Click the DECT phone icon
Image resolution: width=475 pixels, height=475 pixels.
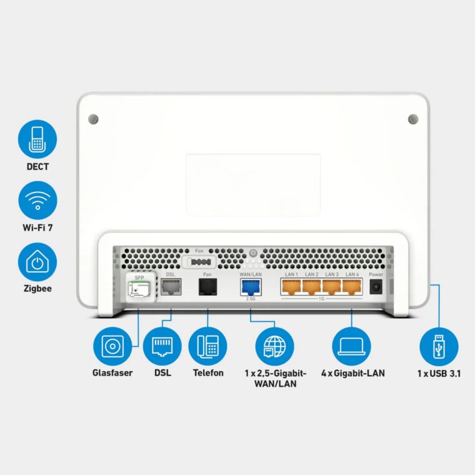[x=37, y=139]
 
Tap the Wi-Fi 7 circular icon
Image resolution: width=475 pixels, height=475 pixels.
[x=37, y=201]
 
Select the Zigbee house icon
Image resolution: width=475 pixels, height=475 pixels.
[x=37, y=262]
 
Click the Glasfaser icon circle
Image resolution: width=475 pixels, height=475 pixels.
[x=112, y=347]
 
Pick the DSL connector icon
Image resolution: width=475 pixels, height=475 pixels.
[x=162, y=347]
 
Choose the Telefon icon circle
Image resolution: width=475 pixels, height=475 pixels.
[x=207, y=347]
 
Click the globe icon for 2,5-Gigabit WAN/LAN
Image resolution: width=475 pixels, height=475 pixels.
[x=275, y=347]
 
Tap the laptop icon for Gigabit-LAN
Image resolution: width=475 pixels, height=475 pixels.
[x=351, y=347]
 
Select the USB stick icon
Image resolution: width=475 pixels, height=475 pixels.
[x=439, y=347]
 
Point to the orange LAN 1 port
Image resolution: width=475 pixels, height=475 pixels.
[x=292, y=286]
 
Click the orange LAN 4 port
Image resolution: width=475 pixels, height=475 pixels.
[x=352, y=286]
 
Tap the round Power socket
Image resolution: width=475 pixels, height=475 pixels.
[x=377, y=286]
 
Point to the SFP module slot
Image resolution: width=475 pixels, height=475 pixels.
[x=139, y=288]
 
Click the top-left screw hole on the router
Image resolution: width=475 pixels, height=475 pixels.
[x=94, y=118]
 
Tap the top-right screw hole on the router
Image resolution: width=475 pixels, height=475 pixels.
[x=412, y=118]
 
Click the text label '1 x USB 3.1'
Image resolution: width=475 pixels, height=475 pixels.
[x=439, y=373]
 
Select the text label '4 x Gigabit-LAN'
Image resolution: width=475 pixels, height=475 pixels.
[x=352, y=373]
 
